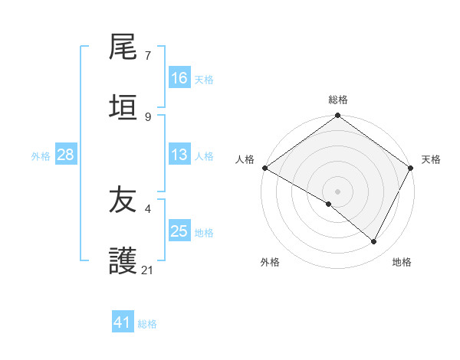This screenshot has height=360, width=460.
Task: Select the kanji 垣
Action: [x=123, y=108]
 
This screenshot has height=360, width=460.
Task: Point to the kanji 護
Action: [x=123, y=261]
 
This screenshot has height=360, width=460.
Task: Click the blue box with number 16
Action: [x=179, y=78]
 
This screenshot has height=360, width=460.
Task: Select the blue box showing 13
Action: [x=179, y=155]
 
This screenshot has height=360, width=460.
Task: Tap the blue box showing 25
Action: [x=179, y=231]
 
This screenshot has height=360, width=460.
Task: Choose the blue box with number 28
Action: [x=66, y=155]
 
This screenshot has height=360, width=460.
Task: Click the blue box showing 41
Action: [x=123, y=322]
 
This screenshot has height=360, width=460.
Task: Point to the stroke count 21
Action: [x=148, y=270]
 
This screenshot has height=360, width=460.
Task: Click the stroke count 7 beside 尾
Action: [x=147, y=56]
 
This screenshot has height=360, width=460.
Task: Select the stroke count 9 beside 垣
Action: [x=147, y=116]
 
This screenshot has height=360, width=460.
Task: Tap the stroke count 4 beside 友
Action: [x=147, y=208]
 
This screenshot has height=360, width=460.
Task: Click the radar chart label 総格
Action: [x=338, y=100]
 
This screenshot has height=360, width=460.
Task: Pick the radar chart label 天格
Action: [x=431, y=159]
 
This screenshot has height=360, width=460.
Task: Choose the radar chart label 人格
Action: [x=245, y=159]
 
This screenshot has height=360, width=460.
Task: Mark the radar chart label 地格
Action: [x=402, y=262]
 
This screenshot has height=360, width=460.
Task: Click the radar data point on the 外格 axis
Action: [x=329, y=204]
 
